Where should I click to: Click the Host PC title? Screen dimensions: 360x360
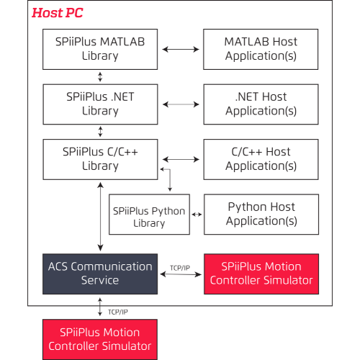57,13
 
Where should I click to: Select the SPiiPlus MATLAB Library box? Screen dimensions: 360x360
100,49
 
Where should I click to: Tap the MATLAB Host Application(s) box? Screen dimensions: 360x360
261,49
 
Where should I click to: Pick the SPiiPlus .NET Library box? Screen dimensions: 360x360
100,104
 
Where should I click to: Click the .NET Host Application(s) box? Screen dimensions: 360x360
261,104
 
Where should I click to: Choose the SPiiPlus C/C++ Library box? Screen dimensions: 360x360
100,158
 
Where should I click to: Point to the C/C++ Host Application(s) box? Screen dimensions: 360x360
261,158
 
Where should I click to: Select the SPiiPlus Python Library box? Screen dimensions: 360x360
149,217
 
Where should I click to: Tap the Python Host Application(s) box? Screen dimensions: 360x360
261,214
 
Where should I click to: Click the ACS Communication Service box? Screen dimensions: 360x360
100,273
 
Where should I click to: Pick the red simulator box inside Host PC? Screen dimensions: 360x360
261,273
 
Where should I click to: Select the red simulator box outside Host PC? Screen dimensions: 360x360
100,339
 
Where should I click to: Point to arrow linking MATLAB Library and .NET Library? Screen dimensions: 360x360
100,76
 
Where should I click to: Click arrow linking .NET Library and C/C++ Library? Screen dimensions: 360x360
100,131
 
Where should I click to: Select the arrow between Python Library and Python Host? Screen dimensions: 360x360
197,214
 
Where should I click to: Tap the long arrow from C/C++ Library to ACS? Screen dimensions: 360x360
100,216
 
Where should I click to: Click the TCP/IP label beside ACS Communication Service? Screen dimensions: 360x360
180,267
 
